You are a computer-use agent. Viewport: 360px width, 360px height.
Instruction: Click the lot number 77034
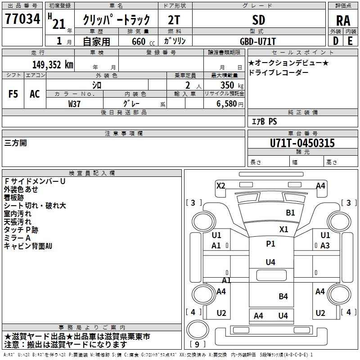22,19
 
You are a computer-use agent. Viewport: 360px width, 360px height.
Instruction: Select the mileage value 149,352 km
53,65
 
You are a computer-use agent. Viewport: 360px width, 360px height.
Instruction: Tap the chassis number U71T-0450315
302,143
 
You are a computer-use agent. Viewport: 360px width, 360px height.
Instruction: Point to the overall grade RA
343,21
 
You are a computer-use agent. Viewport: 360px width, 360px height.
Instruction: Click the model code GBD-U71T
257,41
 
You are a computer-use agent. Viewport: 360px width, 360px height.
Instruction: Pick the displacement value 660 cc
143,41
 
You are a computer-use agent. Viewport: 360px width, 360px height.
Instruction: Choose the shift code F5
13,94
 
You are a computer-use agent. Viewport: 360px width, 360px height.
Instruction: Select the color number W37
74,104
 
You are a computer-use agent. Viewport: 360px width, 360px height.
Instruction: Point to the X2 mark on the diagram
220,185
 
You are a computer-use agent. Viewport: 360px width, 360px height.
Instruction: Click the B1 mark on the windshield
290,213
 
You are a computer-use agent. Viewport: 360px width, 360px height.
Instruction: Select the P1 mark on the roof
270,244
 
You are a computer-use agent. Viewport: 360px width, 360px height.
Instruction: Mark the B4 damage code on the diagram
283,297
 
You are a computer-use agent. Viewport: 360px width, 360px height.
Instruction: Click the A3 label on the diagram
325,246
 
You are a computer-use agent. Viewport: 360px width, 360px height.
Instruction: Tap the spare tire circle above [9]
198,329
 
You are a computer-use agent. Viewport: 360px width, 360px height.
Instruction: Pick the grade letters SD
259,20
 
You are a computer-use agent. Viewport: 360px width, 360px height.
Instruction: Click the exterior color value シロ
97,85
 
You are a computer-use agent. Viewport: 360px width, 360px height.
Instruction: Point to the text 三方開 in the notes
15,143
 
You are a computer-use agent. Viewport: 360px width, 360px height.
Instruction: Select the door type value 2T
174,20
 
